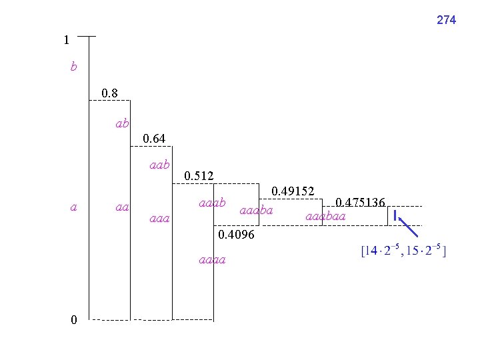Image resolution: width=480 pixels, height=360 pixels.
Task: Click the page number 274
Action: (446, 20)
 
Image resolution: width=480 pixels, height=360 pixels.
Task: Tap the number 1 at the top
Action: (67, 40)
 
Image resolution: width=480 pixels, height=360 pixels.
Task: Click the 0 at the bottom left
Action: (74, 319)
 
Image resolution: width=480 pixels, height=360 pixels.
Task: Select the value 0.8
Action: (109, 93)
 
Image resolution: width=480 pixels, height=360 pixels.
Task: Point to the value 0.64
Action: (154, 139)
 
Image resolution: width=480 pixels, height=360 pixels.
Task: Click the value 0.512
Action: (199, 176)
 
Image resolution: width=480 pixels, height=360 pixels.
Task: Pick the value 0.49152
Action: (293, 191)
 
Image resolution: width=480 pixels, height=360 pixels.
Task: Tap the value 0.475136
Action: (360, 203)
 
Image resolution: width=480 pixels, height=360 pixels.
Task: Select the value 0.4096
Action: (236, 235)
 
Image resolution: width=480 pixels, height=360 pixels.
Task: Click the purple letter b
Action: (74, 66)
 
